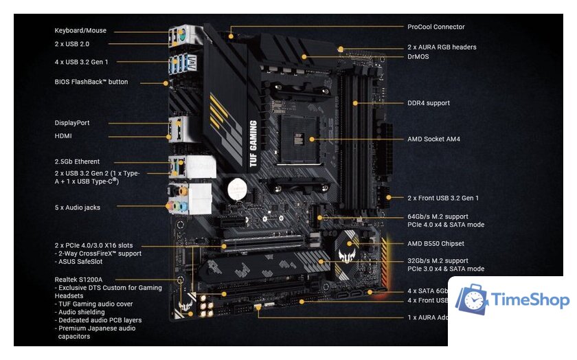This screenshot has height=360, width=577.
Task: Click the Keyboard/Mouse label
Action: coord(80,31)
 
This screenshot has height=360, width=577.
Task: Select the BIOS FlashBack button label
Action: coord(91,82)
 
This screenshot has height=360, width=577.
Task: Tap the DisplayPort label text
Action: coord(72,123)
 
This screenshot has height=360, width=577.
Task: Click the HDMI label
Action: coord(64,136)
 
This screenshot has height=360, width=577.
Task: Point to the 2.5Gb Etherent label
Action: coord(77,161)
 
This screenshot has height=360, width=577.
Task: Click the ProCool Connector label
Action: coord(435,27)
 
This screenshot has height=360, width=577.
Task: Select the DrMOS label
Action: coord(418,56)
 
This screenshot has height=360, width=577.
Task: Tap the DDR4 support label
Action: coord(429,103)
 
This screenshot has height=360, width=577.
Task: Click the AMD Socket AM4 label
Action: coord(433,139)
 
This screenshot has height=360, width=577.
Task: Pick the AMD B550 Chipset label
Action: coord(435,243)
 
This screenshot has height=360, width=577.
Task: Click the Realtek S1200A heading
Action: coord(78,280)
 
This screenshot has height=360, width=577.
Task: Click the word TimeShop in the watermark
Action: coord(531,301)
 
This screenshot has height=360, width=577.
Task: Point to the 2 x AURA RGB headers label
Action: coord(442,47)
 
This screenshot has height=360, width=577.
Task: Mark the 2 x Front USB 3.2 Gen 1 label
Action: coord(443,198)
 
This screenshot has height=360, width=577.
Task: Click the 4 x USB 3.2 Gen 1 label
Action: coord(87,62)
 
